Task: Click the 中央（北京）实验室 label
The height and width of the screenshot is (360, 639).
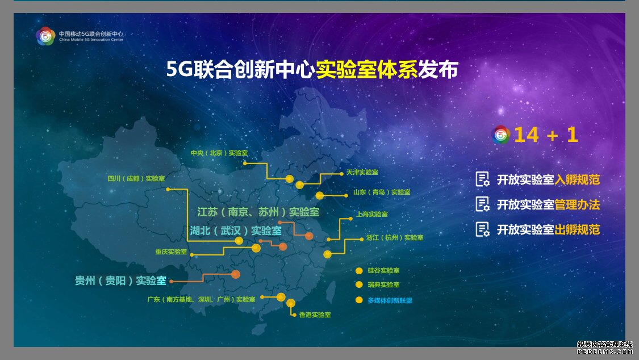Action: pyautogui.click(x=219, y=153)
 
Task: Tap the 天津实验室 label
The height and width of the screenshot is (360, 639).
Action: pyautogui.click(x=362, y=172)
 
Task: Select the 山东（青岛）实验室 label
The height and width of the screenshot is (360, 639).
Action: pyautogui.click(x=382, y=192)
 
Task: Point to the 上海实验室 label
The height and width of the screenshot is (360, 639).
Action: pyautogui.click(x=372, y=214)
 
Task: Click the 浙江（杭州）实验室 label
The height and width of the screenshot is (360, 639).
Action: pyautogui.click(x=395, y=237)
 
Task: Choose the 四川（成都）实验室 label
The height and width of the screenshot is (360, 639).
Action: pyautogui.click(x=136, y=178)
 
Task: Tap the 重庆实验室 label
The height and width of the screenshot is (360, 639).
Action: pyautogui.click(x=171, y=252)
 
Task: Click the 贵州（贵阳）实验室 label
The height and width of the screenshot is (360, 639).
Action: pyautogui.click(x=120, y=281)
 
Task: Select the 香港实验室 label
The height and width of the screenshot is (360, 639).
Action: pyautogui.click(x=315, y=315)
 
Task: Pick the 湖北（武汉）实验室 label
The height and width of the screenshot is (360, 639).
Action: pyautogui.click(x=236, y=231)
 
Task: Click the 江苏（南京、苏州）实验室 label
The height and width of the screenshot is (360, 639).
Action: pyautogui.click(x=258, y=212)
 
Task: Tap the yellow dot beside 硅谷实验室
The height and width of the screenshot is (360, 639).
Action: pyautogui.click(x=359, y=271)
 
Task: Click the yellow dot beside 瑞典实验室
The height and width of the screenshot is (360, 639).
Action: pyautogui.click(x=359, y=284)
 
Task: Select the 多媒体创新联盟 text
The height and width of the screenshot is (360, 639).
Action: pyautogui.click(x=390, y=300)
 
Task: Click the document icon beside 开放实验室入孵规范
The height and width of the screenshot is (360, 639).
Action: pyautogui.click(x=482, y=179)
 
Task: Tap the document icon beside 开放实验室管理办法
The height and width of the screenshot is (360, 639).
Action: pyautogui.click(x=482, y=204)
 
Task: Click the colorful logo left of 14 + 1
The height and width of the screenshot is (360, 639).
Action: pyautogui.click(x=501, y=135)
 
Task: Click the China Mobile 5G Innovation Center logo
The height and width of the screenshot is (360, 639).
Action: pyautogui.click(x=45, y=36)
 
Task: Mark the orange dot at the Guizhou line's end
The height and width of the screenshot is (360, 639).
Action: pyautogui.click(x=236, y=274)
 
